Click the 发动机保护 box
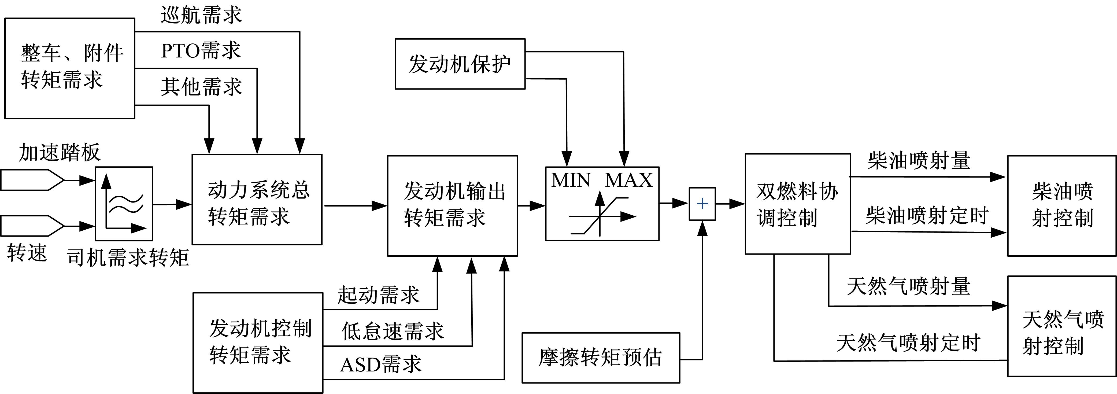(x=460, y=64)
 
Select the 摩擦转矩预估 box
(x=601, y=358)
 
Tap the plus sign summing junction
(x=702, y=204)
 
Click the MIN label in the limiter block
(x=571, y=180)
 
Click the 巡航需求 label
(x=201, y=15)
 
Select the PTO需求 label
(x=201, y=51)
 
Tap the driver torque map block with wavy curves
(x=124, y=204)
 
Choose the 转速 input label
(x=27, y=253)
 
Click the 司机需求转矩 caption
(x=128, y=258)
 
